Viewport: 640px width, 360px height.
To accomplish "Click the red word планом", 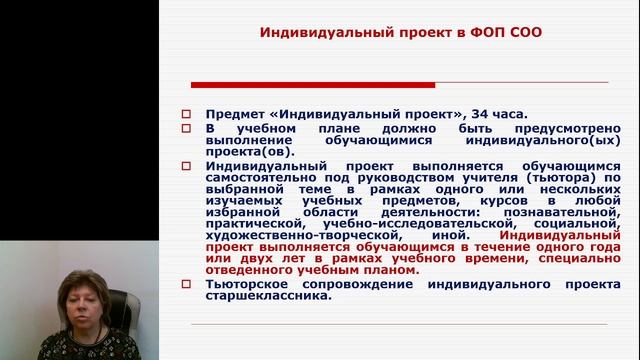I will pyautogui.click(x=388, y=268).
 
